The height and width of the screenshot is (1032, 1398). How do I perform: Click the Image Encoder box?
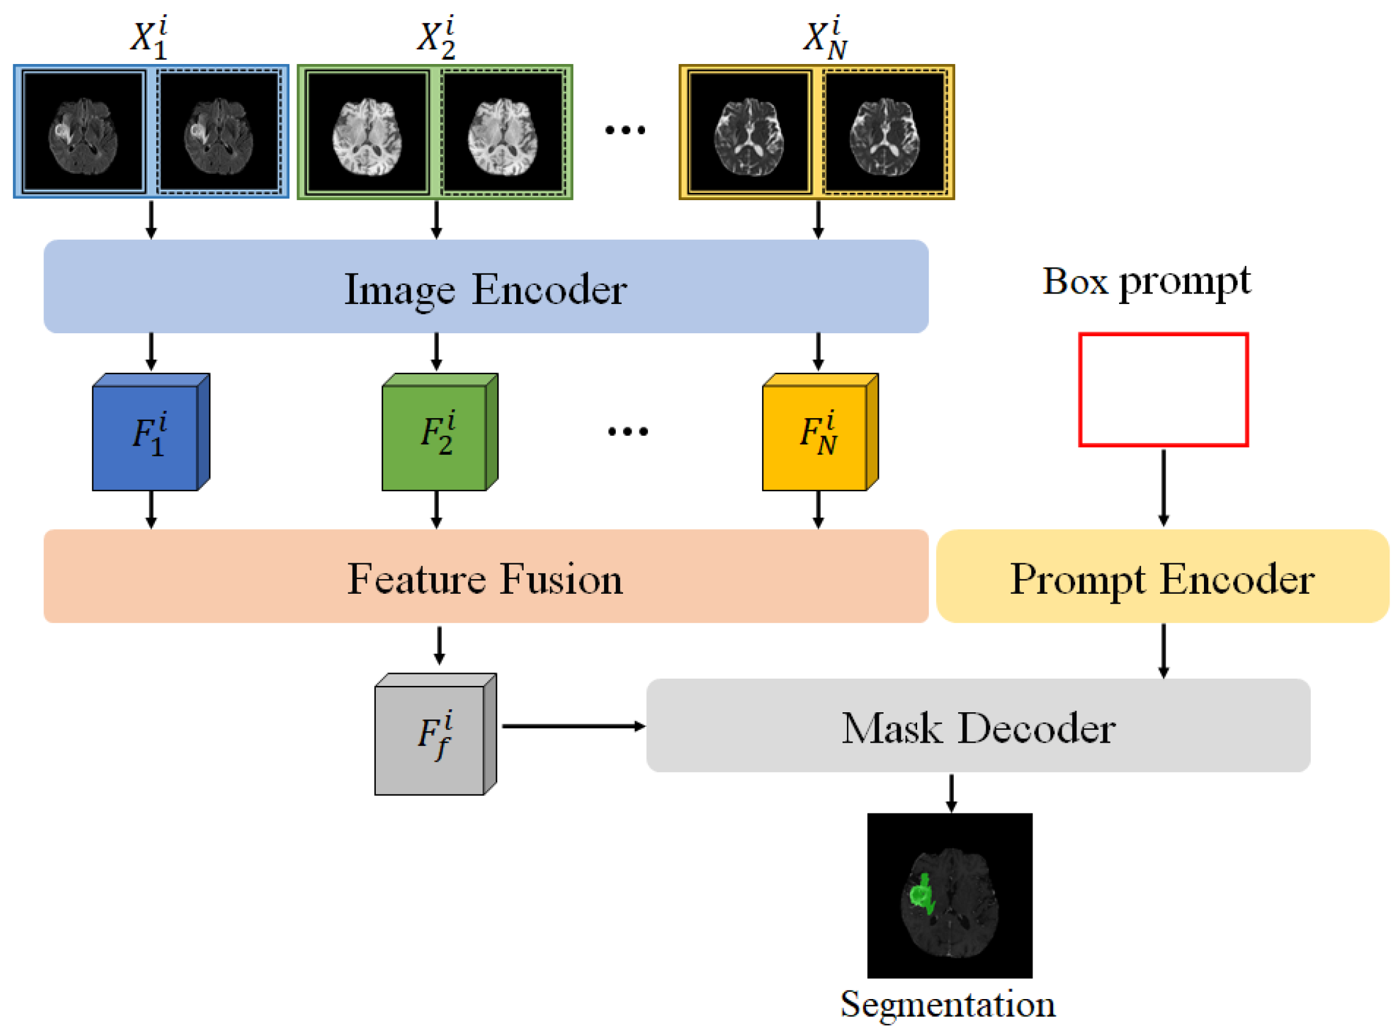(486, 287)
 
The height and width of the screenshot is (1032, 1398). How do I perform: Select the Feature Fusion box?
(486, 577)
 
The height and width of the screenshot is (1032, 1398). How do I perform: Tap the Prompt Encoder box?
(1162, 577)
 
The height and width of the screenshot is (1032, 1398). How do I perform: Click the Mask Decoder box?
(978, 726)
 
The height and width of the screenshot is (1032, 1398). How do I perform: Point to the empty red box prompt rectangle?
(1163, 390)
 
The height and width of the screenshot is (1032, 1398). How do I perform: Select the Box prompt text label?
(1147, 282)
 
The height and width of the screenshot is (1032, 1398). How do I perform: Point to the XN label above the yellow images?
(824, 38)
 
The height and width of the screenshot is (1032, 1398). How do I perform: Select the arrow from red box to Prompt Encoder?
(1163, 487)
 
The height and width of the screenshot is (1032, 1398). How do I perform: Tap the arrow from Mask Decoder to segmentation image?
(951, 793)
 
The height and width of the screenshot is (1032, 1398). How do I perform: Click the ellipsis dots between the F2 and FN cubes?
(629, 431)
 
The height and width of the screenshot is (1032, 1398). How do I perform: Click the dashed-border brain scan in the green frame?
(503, 132)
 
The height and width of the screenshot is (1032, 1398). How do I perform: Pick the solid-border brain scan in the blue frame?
(84, 132)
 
